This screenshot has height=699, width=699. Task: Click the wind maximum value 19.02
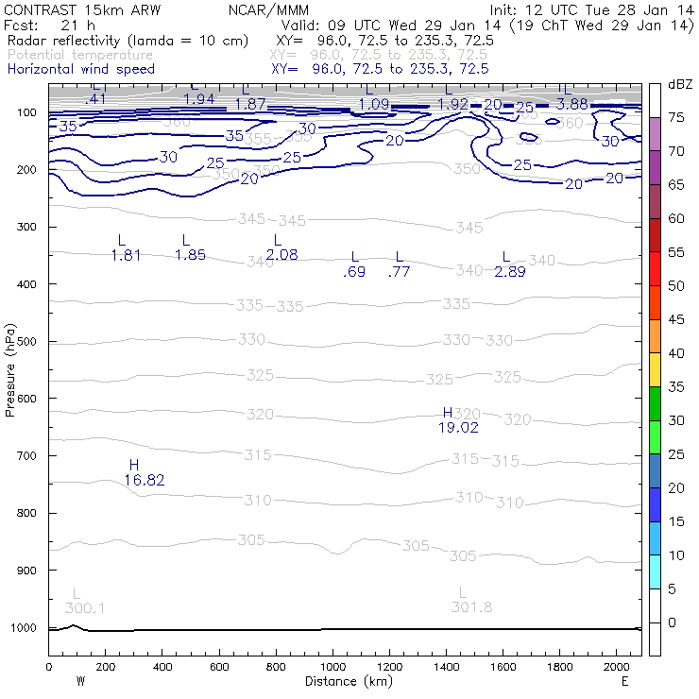point(458,427)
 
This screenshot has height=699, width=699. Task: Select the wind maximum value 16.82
point(145,480)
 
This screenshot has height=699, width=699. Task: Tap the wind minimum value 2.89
point(510,271)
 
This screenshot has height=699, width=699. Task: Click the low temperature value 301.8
point(472,606)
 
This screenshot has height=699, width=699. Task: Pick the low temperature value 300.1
point(85,606)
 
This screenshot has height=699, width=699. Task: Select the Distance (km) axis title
point(345,681)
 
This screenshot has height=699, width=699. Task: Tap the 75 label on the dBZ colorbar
point(677,118)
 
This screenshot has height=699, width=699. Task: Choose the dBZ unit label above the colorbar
point(679,85)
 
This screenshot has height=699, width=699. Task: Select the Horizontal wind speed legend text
point(80,69)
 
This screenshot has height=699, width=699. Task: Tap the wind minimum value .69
point(355,272)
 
